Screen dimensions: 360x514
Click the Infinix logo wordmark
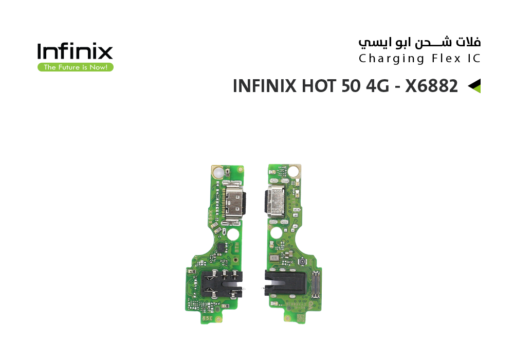75,51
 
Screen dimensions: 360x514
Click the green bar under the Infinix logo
75,67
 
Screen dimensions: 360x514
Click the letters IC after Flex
474,58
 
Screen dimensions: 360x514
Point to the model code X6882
431,86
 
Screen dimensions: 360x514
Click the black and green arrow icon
474,86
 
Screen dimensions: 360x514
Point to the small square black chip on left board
219,247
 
